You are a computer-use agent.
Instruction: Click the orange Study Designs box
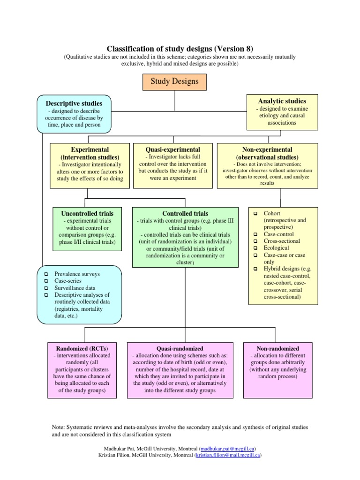[x=174, y=81]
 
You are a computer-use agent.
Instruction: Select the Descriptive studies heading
[x=74, y=103]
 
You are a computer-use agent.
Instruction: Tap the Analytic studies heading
[x=282, y=101]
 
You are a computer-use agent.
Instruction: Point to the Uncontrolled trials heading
[x=84, y=213]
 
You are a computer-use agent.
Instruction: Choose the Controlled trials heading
[x=185, y=213]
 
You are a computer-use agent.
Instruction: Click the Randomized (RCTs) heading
[x=82, y=349]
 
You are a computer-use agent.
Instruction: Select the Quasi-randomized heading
[x=180, y=349]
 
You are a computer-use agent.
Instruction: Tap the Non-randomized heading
[x=278, y=349]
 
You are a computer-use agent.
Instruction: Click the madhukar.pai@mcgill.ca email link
[x=227, y=448]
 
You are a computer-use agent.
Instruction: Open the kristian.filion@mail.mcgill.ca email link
[x=228, y=455]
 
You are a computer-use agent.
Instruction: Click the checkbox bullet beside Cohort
[x=255, y=213]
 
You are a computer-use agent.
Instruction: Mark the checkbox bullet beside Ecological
[x=255, y=248]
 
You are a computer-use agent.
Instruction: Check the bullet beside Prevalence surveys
[x=46, y=274]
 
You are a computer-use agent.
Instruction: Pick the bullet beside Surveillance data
[x=46, y=288]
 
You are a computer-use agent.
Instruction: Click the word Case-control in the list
[x=279, y=234]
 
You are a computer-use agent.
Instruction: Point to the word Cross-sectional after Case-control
[x=282, y=241]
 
